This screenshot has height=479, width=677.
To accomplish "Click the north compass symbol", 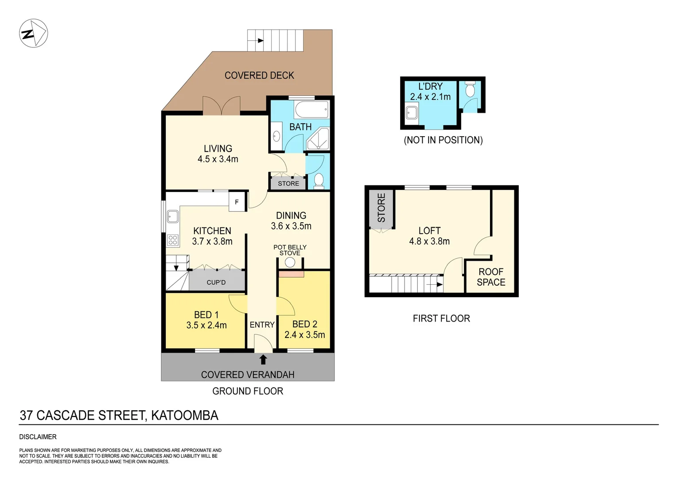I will [33, 33].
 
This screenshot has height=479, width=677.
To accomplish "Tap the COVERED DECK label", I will [259, 75].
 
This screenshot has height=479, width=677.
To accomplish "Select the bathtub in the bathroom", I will [312, 109].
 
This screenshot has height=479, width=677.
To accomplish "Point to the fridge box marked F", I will [237, 202].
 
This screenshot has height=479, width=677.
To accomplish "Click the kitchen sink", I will [172, 216].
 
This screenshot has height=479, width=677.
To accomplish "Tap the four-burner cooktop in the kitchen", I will [173, 240].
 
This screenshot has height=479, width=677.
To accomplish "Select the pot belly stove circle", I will [290, 262].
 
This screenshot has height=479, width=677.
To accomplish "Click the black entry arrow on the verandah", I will [263, 359].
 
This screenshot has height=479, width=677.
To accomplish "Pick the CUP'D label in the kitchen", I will [216, 283].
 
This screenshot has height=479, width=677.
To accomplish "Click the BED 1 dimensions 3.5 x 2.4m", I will [206, 325].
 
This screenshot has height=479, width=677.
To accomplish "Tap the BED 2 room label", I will [305, 324].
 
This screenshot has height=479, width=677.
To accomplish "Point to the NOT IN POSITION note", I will [443, 140].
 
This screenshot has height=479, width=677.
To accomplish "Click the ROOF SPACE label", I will [491, 277].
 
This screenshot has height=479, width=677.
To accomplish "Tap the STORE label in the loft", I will [381, 208].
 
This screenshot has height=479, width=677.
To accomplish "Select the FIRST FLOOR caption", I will [441, 318].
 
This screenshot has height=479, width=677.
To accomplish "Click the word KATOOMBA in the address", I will [185, 415].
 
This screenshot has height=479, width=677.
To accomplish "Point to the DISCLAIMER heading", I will [38, 437].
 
